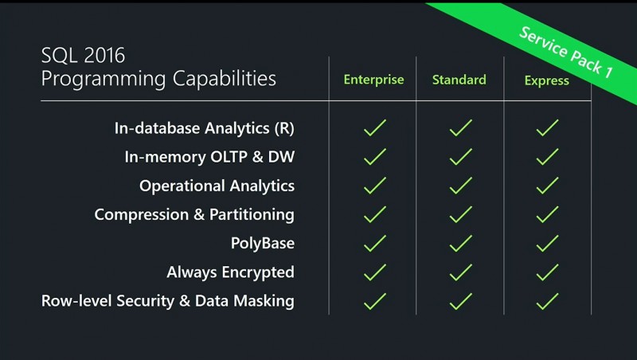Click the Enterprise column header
pos(373,80)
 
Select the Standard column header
pos(459,80)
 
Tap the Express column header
pos(547,80)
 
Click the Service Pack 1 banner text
pos(566,52)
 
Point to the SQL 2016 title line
pos(83,56)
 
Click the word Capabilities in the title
pos(225,78)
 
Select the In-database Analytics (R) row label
pos(205,128)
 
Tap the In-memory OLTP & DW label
pos(209,157)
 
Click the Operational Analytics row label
pos(217,186)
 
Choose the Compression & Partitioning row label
pos(194,215)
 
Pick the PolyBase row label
pos(263,244)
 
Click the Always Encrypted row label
pos(230,272)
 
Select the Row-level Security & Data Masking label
pos(168,301)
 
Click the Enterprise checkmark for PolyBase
pos(374,244)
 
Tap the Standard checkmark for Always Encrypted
pos(461,272)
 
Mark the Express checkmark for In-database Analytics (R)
pos(547,127)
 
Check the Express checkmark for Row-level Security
pos(547,302)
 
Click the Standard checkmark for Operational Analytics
pos(461,186)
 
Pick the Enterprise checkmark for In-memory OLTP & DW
pos(374,156)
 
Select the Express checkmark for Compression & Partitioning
pos(547,214)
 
